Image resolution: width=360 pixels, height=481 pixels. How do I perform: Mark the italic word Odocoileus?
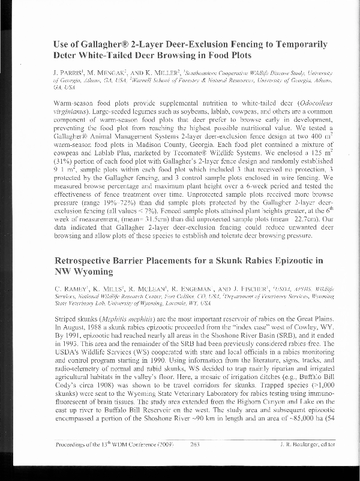coord(307,104)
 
